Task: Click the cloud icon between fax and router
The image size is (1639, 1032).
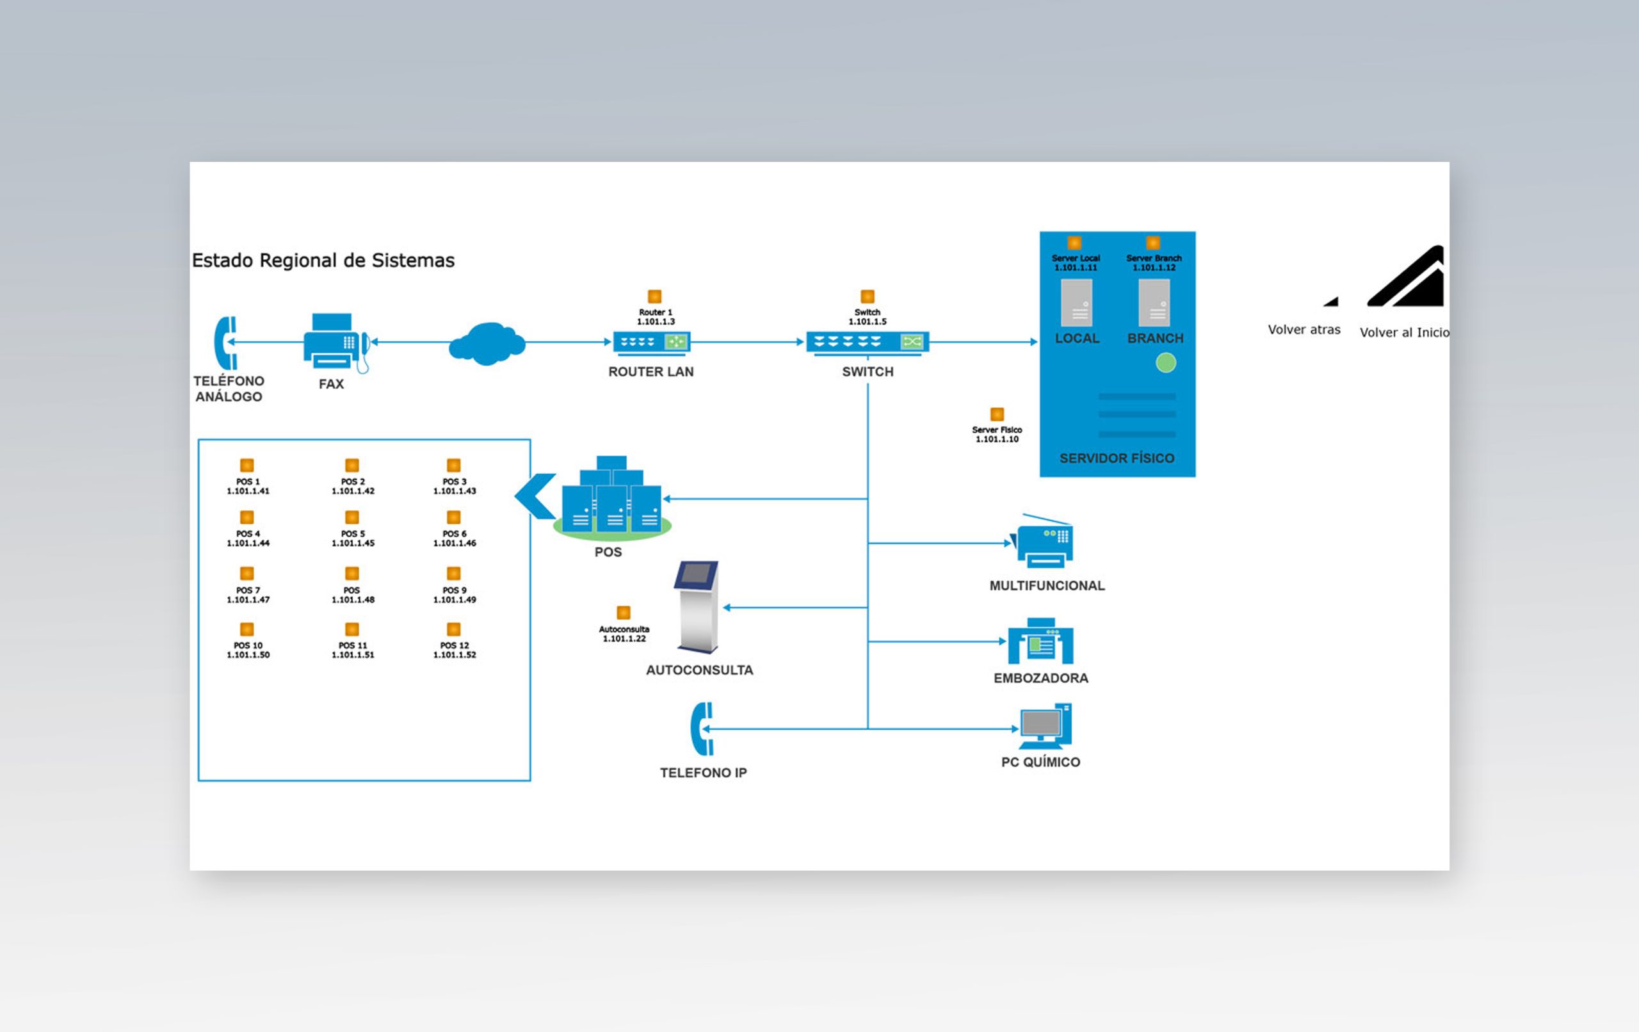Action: tap(487, 343)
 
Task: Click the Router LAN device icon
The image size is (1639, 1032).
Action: tap(652, 343)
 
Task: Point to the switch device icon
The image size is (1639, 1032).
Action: tap(867, 343)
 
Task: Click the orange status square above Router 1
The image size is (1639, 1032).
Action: tap(655, 296)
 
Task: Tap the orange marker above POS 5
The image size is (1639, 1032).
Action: tap(352, 517)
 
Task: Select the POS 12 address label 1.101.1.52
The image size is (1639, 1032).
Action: tap(455, 655)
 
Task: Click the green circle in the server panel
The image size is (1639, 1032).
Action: tap(1166, 363)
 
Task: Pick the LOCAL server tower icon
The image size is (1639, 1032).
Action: tap(1077, 303)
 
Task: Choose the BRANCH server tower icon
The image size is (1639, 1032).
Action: tap(1154, 303)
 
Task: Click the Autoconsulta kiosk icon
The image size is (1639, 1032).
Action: tap(697, 607)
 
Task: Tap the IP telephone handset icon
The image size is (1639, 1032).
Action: tap(702, 729)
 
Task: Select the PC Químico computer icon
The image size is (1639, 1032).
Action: tap(1046, 727)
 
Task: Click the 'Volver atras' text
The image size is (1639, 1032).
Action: tap(1304, 330)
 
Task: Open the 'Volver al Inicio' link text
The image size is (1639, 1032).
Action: tap(1404, 332)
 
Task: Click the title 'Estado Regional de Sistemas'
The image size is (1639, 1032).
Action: tap(323, 260)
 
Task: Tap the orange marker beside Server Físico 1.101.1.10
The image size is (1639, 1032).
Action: tap(997, 414)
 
